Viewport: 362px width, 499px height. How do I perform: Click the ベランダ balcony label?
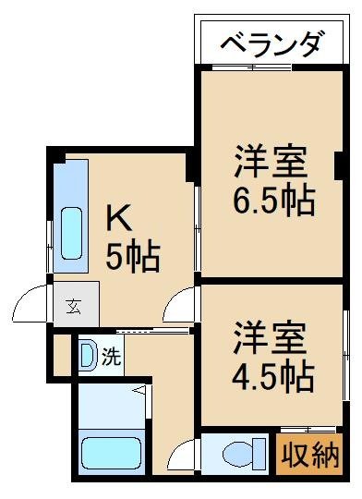tap(272, 43)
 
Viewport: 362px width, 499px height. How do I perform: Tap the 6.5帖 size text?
tap(272, 201)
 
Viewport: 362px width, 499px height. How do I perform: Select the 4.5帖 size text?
tap(272, 375)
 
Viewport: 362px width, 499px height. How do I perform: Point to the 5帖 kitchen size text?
tap(132, 256)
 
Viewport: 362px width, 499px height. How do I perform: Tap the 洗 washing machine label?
tap(111, 357)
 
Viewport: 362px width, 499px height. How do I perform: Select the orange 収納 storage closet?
tap(309, 455)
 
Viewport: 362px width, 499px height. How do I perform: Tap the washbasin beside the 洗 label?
tap(88, 357)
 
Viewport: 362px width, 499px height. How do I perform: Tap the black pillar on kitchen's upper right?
tap(191, 166)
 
